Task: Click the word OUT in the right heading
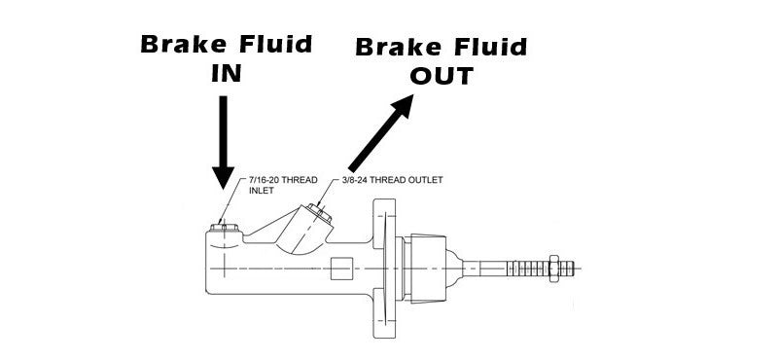pyautogui.click(x=441, y=76)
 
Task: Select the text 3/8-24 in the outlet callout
pyautogui.click(x=359, y=180)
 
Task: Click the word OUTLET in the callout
pyautogui.click(x=440, y=180)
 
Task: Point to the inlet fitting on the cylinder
pyautogui.click(x=224, y=229)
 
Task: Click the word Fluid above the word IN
pyautogui.click(x=276, y=44)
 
